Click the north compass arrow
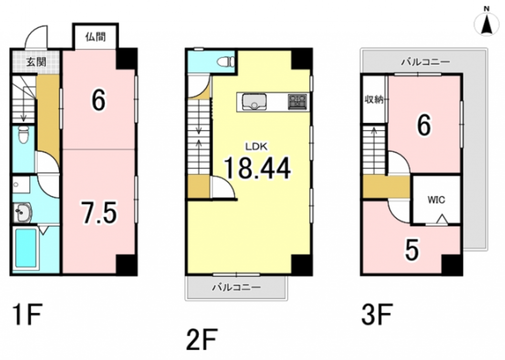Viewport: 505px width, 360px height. pyautogui.click(x=486, y=25)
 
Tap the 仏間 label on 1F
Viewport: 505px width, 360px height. pyautogui.click(x=95, y=37)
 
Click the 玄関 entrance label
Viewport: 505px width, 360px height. pyautogui.click(x=36, y=62)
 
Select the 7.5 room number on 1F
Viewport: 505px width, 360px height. pyautogui.click(x=99, y=212)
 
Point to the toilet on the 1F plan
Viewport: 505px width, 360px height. pyautogui.click(x=23, y=135)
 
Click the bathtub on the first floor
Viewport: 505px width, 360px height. pyautogui.click(x=26, y=248)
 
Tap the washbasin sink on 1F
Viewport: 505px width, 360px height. pyautogui.click(x=23, y=212)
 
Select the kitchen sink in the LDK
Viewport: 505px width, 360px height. pyautogui.click(x=254, y=102)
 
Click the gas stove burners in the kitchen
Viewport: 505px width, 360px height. pyautogui.click(x=297, y=101)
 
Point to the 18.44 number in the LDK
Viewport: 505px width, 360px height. pyautogui.click(x=257, y=168)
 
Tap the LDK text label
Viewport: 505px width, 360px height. pyautogui.click(x=257, y=147)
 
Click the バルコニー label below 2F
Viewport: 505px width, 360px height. pyautogui.click(x=236, y=287)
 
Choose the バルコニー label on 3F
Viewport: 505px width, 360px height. pyautogui.click(x=425, y=62)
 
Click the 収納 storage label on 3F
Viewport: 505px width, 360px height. pyautogui.click(x=374, y=99)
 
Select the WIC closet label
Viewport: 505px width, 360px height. pyautogui.click(x=436, y=200)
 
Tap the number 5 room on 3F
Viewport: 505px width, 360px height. pyautogui.click(x=412, y=250)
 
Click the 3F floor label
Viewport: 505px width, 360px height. pyautogui.click(x=377, y=315)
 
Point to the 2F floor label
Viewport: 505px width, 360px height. pyautogui.click(x=202, y=339)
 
